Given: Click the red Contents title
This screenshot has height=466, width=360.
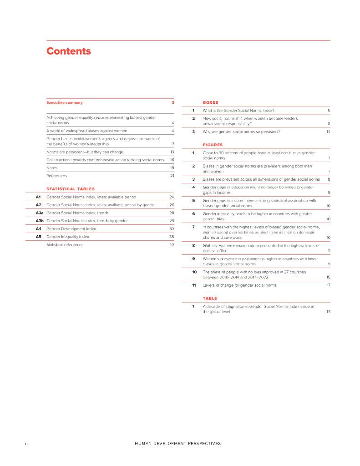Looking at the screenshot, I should [x=69, y=51].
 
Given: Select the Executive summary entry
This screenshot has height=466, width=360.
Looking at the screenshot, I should [x=65, y=103].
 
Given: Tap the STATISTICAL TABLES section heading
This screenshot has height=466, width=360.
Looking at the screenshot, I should [x=71, y=189].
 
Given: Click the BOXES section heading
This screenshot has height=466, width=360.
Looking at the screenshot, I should [x=210, y=103].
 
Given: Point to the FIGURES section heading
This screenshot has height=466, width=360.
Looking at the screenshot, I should [x=213, y=145].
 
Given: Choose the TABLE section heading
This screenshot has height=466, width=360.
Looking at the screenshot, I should [x=210, y=299].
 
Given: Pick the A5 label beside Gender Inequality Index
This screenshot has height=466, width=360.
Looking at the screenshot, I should [x=39, y=237].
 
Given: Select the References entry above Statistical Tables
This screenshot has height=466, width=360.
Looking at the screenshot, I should [x=56, y=176].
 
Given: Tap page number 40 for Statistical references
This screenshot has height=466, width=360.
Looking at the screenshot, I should [x=172, y=245].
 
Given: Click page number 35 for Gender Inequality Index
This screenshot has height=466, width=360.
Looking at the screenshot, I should [x=172, y=237].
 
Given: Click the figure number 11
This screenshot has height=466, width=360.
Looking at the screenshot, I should [x=194, y=285].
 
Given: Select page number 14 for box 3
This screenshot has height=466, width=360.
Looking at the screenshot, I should [x=328, y=132].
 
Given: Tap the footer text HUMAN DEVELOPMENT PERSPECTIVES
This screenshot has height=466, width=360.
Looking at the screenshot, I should [x=178, y=443].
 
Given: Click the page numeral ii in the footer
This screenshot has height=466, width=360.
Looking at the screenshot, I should [x=26, y=443].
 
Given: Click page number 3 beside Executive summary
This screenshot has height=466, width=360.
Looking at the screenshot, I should [x=173, y=103].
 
